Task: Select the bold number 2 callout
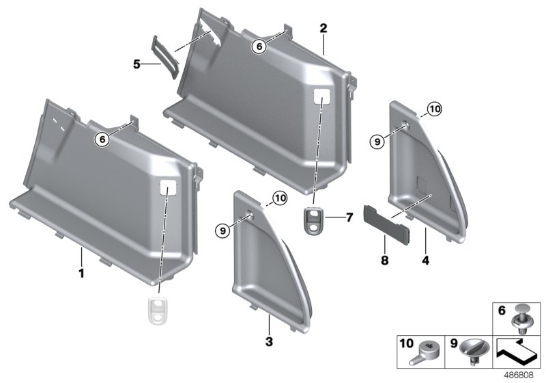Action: (323, 28)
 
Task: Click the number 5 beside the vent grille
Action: (136, 64)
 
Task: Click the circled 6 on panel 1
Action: (102, 139)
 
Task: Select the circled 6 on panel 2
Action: (258, 46)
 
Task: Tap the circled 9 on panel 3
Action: (222, 231)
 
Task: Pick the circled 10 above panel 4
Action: (435, 109)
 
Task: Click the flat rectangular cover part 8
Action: (386, 222)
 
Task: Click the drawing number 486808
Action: (517, 374)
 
